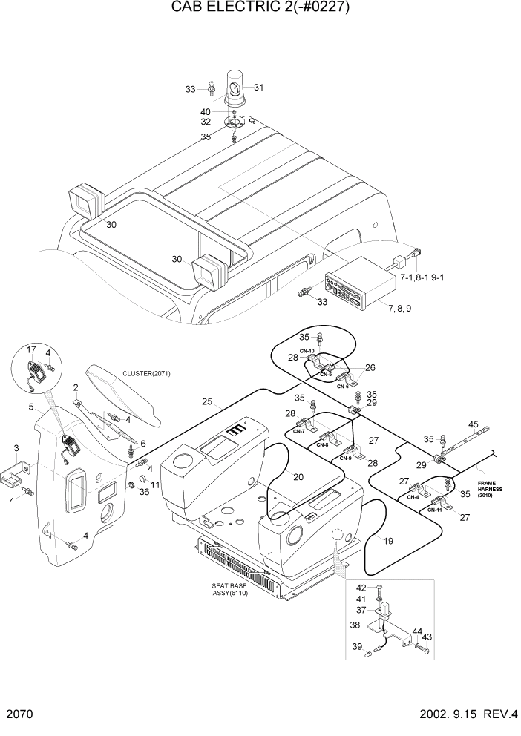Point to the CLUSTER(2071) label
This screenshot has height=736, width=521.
coord(147,373)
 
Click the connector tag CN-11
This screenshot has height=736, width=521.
coord(435,511)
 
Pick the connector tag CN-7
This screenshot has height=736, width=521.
coord(299,431)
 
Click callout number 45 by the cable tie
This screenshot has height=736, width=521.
coord(474,424)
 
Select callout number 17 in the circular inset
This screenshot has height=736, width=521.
coord(31,349)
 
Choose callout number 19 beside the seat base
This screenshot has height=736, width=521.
coord(388,541)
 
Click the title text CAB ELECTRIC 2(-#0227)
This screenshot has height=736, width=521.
coord(260,8)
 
